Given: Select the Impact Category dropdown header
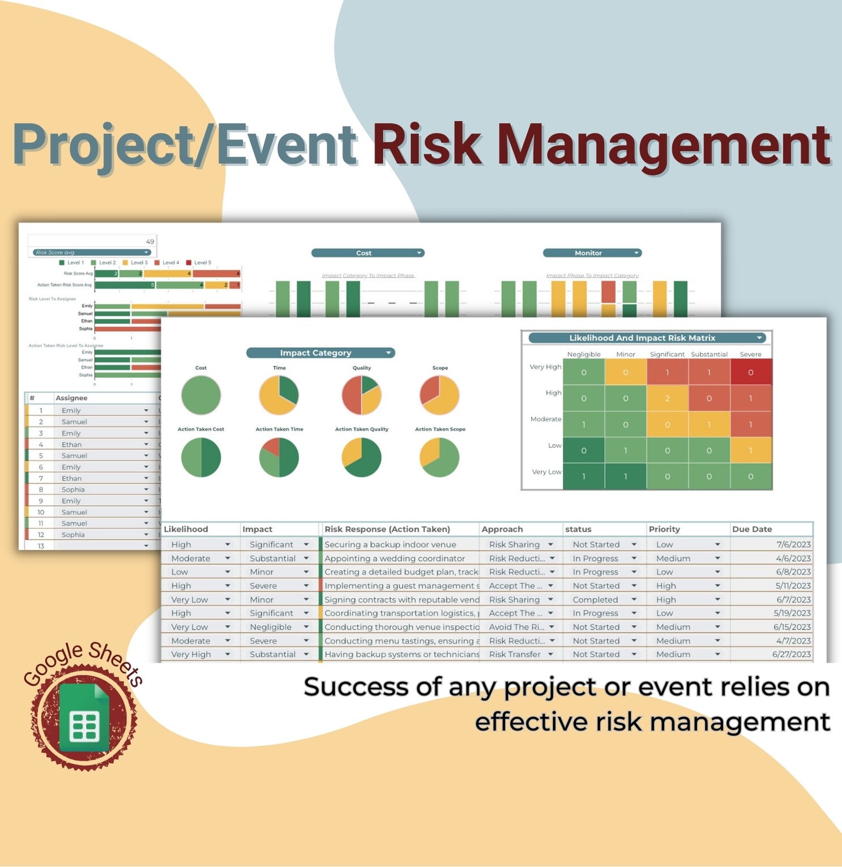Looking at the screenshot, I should click(x=320, y=353).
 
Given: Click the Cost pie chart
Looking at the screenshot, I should click(x=201, y=395).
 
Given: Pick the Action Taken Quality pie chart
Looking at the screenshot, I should click(x=362, y=457).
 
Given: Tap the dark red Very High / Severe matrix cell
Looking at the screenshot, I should click(x=751, y=373).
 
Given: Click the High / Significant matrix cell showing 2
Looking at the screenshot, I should click(x=667, y=399).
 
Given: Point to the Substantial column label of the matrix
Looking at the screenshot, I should click(x=709, y=355).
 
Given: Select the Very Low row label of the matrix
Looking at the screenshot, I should click(x=546, y=472).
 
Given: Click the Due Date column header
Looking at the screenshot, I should click(x=752, y=529).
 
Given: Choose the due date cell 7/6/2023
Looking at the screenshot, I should click(x=793, y=544).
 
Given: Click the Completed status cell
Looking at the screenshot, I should click(x=595, y=599).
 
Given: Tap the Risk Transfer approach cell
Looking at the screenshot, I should click(x=515, y=654).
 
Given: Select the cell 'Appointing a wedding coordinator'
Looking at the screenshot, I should click(x=395, y=558).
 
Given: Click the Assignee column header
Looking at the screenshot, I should click(x=71, y=398).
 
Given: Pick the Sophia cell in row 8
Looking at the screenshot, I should click(x=73, y=489).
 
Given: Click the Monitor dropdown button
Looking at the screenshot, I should click(x=592, y=253).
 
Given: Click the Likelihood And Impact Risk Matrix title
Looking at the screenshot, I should click(x=642, y=338).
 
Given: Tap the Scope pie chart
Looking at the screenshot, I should click(x=440, y=395).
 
